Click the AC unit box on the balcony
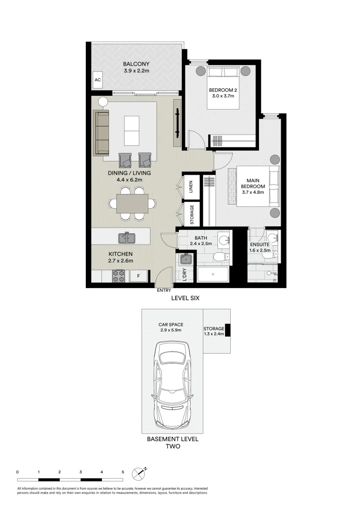98,80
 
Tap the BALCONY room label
136,64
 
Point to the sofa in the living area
101,133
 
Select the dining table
132,204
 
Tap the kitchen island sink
128,238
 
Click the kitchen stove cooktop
118,276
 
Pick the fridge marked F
138,276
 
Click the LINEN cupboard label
192,186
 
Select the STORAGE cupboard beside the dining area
192,214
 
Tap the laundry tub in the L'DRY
185,259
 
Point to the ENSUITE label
260,245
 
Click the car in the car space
173,383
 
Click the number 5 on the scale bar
123,472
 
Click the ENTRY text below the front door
164,291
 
